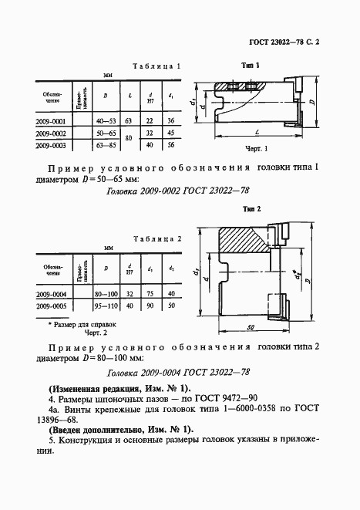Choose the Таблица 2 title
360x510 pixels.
pos(158,239)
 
